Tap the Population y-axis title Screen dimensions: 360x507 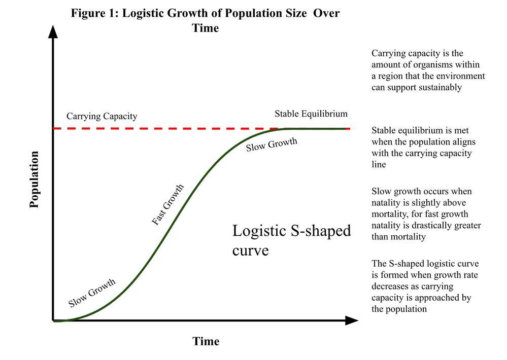click(34, 179)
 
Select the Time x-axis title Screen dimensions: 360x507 click(206, 341)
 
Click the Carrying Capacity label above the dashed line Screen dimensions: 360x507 click(102, 116)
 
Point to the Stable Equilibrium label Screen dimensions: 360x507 click(311, 114)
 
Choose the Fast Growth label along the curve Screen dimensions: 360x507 click(168, 205)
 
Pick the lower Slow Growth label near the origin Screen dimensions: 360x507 click(92, 293)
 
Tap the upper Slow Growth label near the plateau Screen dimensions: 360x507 click(272, 145)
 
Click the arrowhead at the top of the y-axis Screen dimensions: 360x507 click(53, 31)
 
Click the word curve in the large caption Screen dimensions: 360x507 click(250, 250)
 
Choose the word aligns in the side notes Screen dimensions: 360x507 click(463, 142)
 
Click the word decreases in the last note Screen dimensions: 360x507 click(390, 286)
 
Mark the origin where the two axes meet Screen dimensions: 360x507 click(53, 320)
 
